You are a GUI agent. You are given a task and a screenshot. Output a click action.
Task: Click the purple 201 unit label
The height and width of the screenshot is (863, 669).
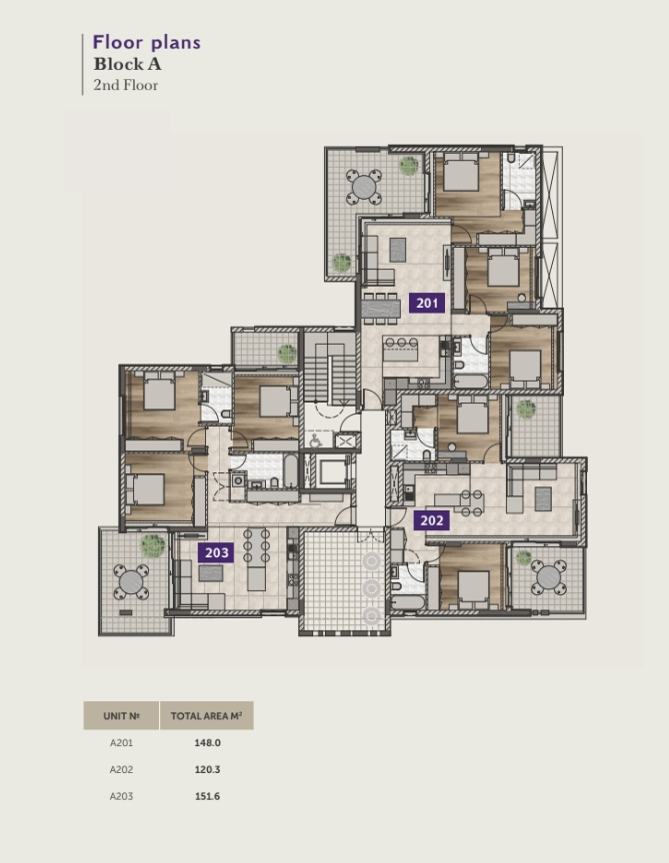tap(427, 303)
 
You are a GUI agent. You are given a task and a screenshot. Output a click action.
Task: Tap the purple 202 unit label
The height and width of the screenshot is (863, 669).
tap(431, 520)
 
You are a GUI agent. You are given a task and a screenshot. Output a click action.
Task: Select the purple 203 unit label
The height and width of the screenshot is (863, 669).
tap(216, 552)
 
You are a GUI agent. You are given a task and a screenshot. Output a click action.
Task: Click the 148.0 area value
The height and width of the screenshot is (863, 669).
tap(207, 742)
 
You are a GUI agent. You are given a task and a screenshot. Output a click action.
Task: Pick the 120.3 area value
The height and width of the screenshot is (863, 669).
tap(207, 769)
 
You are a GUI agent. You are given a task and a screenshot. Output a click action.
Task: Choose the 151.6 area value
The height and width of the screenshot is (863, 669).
tap(207, 796)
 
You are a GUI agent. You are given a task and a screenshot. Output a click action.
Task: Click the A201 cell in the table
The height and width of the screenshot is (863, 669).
tap(121, 742)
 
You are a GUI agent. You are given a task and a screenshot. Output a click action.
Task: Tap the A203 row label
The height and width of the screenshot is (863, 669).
tap(121, 796)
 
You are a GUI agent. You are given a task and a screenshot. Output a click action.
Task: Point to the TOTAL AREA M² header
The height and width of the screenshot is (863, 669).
tap(206, 715)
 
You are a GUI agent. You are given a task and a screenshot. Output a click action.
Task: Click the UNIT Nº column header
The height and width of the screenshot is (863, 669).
tap(121, 716)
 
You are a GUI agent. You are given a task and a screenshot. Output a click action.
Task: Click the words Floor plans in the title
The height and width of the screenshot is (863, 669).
tap(147, 42)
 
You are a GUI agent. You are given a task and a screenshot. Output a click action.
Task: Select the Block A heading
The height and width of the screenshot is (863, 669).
tap(127, 64)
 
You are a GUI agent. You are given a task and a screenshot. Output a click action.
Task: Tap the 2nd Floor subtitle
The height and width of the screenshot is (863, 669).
tap(126, 85)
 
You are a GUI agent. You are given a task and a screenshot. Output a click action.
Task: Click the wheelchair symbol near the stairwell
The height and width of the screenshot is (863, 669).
tap(316, 440)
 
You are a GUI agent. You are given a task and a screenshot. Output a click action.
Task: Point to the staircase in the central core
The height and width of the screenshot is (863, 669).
tap(330, 367)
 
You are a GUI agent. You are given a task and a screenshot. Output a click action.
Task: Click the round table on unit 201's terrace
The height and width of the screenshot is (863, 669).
tap(364, 187)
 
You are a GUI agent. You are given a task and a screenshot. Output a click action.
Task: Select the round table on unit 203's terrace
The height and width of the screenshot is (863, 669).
tap(131, 582)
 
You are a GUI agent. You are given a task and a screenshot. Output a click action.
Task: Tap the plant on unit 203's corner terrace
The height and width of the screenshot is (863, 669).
tap(153, 545)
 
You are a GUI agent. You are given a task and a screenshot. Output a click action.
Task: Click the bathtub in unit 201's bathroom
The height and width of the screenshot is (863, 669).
tap(470, 381)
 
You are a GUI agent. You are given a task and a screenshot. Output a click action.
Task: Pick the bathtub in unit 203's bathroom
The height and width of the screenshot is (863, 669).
tap(290, 469)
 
